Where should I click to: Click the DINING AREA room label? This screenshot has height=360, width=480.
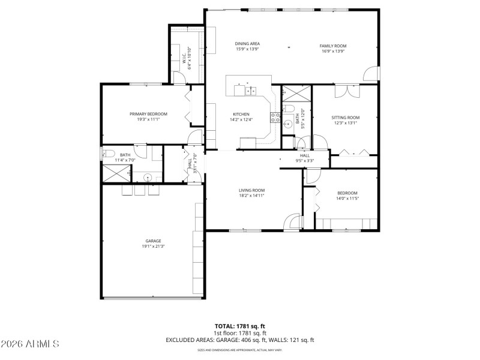click(247, 43)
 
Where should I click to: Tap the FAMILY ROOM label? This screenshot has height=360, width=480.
click(333, 46)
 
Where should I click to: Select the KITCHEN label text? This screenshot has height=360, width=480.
click(241, 114)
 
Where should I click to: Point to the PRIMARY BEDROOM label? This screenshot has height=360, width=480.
click(148, 113)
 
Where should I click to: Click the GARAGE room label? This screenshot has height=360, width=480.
click(153, 241)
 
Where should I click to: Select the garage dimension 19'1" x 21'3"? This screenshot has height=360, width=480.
click(153, 246)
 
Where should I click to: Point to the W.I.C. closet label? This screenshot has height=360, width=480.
click(185, 58)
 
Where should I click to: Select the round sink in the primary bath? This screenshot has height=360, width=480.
click(146, 177)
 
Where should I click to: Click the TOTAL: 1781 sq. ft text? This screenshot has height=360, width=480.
click(239, 326)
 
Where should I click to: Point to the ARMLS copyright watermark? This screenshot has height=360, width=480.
click(30, 344)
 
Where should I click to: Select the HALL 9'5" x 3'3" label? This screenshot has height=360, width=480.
click(305, 158)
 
